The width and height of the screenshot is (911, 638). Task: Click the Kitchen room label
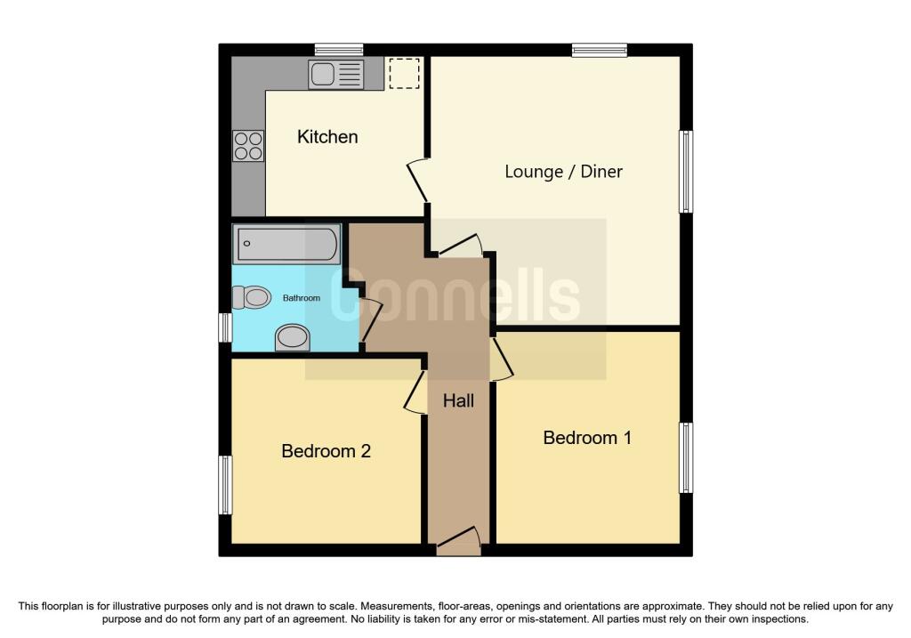pyautogui.click(x=327, y=136)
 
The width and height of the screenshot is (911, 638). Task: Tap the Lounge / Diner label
pyautogui.click(x=563, y=172)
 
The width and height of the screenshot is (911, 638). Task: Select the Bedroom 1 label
pyautogui.click(x=587, y=438)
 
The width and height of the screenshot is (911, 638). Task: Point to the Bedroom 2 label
pyautogui.click(x=326, y=451)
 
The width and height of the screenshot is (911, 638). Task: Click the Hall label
pyautogui.click(x=458, y=400)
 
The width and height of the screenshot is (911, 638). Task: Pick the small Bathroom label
pyautogui.click(x=301, y=298)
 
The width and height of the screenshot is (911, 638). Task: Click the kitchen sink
pyautogui.click(x=335, y=75)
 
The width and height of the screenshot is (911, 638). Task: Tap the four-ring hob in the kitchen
pyautogui.click(x=248, y=146)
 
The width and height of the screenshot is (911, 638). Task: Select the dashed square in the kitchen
pyautogui.click(x=404, y=73)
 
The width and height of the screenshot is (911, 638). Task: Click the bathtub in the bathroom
pyautogui.click(x=286, y=244)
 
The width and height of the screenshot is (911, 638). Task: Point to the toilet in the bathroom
pyautogui.click(x=252, y=297)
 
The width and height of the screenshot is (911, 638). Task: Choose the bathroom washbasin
pyautogui.click(x=292, y=338)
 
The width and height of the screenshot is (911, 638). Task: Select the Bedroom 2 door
pyautogui.click(x=416, y=392)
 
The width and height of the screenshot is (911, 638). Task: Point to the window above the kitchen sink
pyautogui.click(x=339, y=50)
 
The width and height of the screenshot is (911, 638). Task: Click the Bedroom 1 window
pyautogui.click(x=686, y=458)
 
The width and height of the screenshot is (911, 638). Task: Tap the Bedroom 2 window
pyautogui.click(x=225, y=485)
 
